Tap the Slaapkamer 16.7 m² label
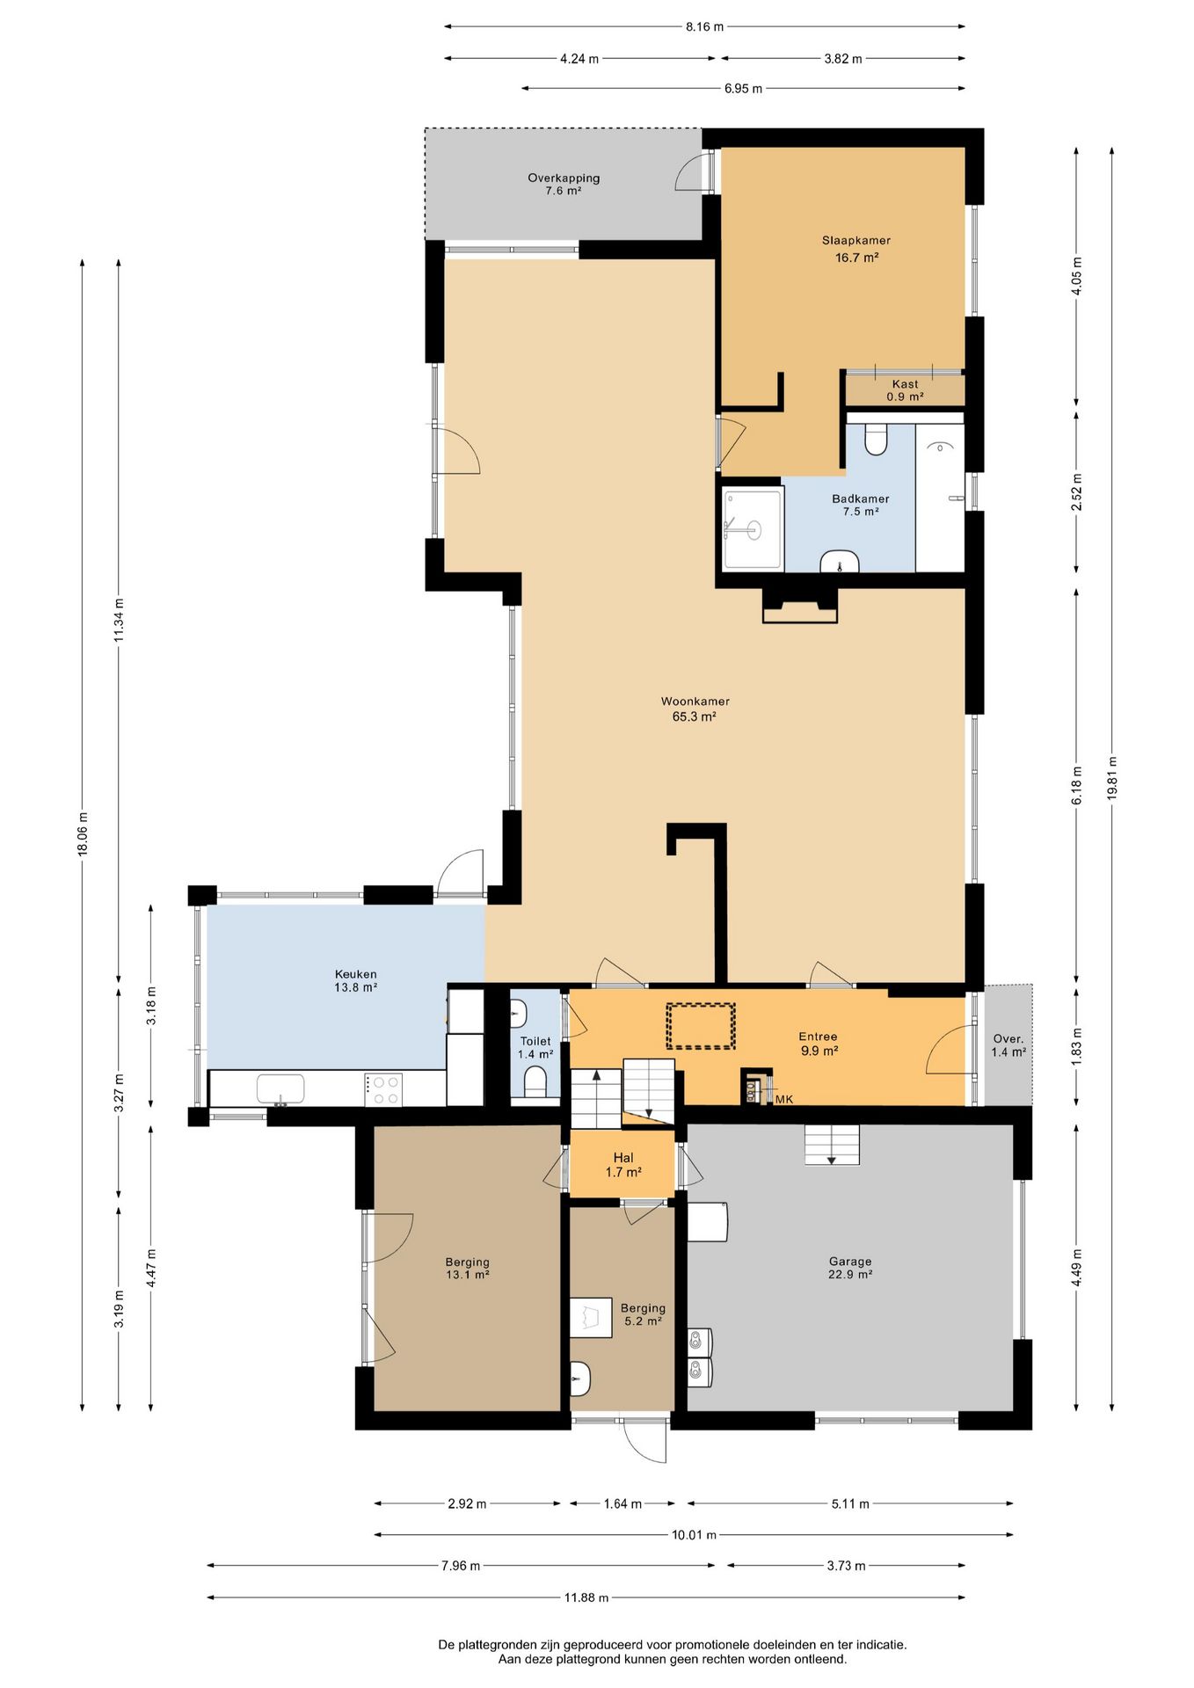(x=856, y=249)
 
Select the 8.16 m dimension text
(x=704, y=26)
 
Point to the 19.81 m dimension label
(x=1112, y=777)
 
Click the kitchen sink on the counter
(x=280, y=1089)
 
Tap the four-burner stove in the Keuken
(x=383, y=1090)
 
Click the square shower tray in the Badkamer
(x=753, y=529)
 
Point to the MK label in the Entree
(x=784, y=1099)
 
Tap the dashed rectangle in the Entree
(x=700, y=1026)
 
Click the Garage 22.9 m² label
(x=850, y=1267)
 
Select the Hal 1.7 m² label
(x=623, y=1165)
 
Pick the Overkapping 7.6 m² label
(x=564, y=184)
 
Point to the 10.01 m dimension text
(x=695, y=1535)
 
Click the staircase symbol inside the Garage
(x=832, y=1145)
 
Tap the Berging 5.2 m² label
(x=643, y=1314)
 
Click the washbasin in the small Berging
(x=580, y=1379)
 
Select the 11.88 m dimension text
(x=586, y=1597)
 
